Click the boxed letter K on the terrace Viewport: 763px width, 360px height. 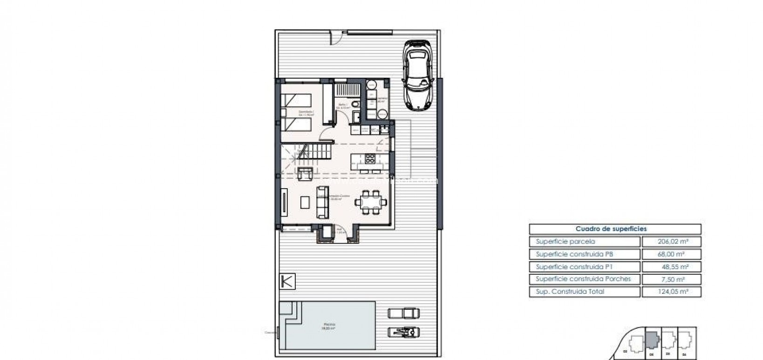click(x=288, y=282)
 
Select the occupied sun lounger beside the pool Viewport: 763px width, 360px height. click(x=403, y=332)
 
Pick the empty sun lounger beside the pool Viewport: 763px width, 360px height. click(x=403, y=312)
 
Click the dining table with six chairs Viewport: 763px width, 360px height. click(x=371, y=203)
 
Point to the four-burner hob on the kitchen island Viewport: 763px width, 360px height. click(x=370, y=159)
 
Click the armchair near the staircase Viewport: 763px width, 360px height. click(x=305, y=174)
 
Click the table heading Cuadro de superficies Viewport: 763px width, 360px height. click(x=614, y=229)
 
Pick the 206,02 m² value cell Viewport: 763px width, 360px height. click(x=671, y=242)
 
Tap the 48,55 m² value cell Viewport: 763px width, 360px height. click(x=671, y=267)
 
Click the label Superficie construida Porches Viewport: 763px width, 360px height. click(x=583, y=279)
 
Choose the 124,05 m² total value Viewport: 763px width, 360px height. click(x=671, y=292)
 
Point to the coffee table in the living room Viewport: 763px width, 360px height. click(x=305, y=202)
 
